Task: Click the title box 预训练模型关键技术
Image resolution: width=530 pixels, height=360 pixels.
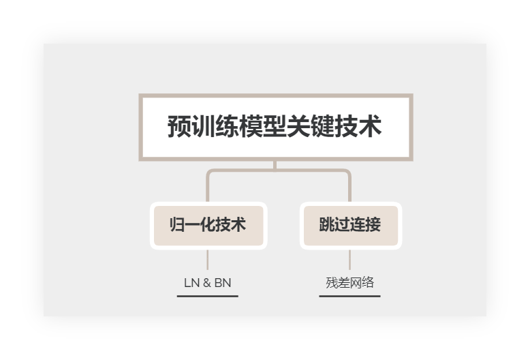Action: tap(275, 127)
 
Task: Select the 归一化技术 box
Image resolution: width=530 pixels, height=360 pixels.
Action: tap(207, 226)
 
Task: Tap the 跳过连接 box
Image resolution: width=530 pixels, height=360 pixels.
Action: tap(349, 226)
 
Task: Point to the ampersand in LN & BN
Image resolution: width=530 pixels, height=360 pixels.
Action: tap(206, 282)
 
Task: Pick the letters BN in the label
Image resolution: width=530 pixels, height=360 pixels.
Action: tap(223, 282)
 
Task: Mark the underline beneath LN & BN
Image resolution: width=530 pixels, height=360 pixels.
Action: tap(207, 296)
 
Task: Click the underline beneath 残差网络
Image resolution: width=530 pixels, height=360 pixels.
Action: tap(349, 296)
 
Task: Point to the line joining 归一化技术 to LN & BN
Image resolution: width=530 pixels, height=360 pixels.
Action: tap(207, 260)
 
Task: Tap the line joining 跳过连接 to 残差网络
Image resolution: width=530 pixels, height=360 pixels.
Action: tap(349, 260)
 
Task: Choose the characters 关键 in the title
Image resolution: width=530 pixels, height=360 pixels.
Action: tap(311, 127)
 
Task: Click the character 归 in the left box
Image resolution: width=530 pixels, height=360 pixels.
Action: tap(177, 226)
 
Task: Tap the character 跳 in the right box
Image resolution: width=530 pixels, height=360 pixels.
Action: tap(326, 226)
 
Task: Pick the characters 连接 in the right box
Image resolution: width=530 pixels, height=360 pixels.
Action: tap(365, 226)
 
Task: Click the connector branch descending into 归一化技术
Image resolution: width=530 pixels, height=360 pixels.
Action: tap(208, 187)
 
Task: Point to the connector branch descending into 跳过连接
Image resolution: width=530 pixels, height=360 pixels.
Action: tap(349, 187)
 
